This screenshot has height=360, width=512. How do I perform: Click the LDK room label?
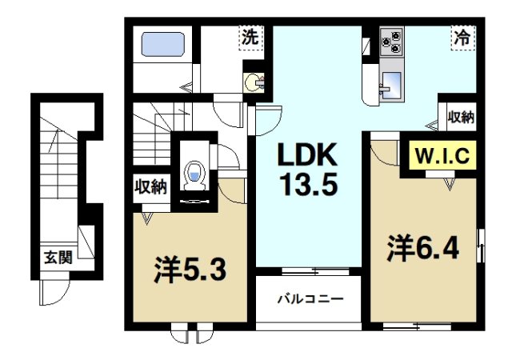click(307, 154)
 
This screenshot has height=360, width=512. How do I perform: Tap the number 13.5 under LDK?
click(307, 186)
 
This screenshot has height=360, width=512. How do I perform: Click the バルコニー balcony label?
click(310, 300)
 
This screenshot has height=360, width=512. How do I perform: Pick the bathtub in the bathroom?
click(163, 43)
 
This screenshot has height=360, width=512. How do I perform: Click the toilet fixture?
click(194, 173)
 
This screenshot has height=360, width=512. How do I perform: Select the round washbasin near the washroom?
click(254, 81)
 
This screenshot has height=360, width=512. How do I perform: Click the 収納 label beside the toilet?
click(150, 188)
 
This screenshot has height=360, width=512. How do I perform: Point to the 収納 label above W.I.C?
click(460, 117)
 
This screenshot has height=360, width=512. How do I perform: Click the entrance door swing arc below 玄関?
click(54, 294)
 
